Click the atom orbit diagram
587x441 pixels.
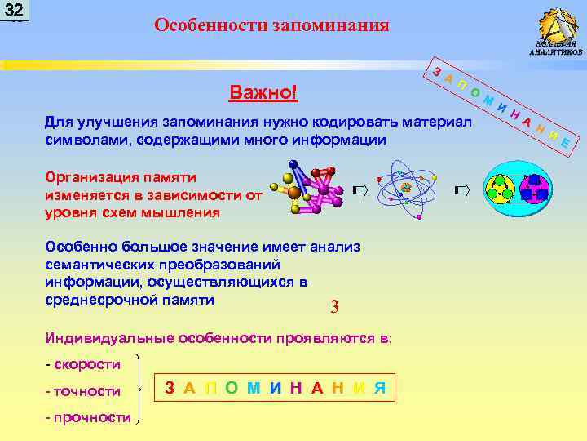(406, 189)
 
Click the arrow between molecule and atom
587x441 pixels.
(360, 191)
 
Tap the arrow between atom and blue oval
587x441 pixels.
(462, 191)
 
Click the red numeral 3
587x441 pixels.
(334, 308)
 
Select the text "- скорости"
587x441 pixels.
(82, 363)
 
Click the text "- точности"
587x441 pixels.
(82, 391)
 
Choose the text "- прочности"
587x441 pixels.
(87, 417)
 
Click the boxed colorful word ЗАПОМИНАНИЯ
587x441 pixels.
(276, 388)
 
